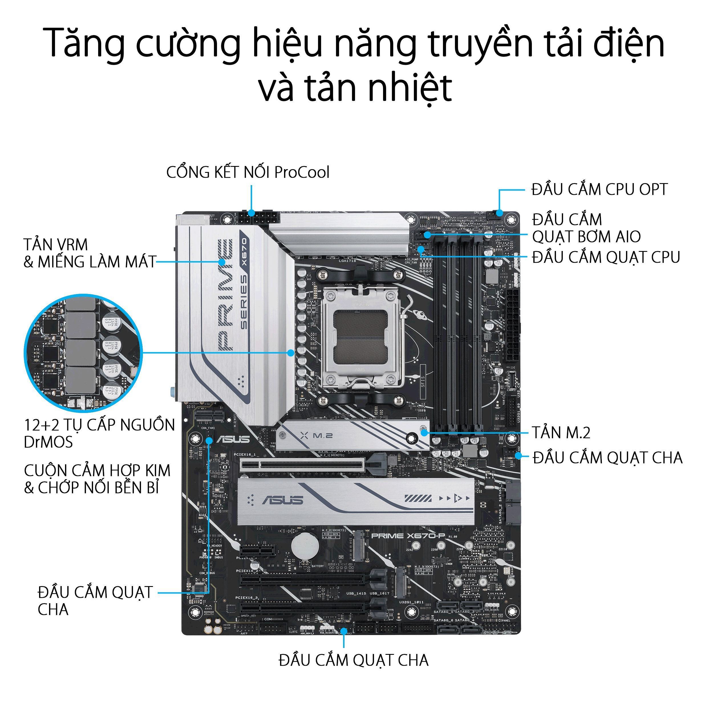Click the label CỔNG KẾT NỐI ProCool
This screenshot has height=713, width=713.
248,172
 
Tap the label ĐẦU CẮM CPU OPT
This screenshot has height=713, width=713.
599,190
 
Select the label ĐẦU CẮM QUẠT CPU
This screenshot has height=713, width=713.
605,257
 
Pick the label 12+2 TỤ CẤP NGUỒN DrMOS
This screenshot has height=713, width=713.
99,433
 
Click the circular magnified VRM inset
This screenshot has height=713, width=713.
83,353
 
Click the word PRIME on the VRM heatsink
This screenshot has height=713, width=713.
225,294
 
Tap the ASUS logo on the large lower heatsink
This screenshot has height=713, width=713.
283,500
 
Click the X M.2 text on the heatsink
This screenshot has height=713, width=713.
317,436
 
